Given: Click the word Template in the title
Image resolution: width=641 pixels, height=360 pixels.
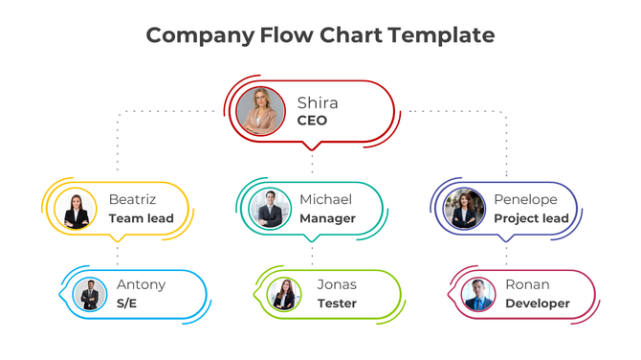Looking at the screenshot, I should pyautogui.click(x=441, y=35).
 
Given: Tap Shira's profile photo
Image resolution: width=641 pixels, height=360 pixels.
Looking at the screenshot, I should pyautogui.click(x=260, y=111).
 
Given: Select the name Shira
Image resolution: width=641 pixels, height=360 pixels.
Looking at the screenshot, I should pyautogui.click(x=317, y=102).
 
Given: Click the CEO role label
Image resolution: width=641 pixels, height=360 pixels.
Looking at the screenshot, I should pyautogui.click(x=312, y=121).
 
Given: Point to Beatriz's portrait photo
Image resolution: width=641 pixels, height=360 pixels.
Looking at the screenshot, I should pyautogui.click(x=77, y=210).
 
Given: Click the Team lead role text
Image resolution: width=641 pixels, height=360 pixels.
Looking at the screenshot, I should pyautogui.click(x=141, y=218).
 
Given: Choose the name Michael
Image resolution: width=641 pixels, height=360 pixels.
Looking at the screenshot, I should pyautogui.click(x=325, y=200).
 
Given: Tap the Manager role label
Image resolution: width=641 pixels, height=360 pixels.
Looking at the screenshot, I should pyautogui.click(x=327, y=218).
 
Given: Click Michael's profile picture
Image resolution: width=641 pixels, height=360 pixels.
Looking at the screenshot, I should pyautogui.click(x=269, y=209).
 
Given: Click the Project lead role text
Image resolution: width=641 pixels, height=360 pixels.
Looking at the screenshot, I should pyautogui.click(x=531, y=218).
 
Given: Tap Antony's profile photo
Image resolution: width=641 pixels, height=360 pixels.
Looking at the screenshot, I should pyautogui.click(x=89, y=294).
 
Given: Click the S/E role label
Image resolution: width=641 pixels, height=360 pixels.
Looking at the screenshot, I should pyautogui.click(x=127, y=304).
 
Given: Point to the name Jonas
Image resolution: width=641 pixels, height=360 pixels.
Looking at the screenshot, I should pyautogui.click(x=337, y=284).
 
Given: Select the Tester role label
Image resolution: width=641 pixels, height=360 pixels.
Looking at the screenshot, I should pyautogui.click(x=337, y=304).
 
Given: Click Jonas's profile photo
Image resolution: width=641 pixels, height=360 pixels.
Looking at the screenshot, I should pyautogui.click(x=284, y=294).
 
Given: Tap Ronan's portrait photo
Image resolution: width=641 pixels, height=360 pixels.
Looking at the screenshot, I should pyautogui.click(x=477, y=294).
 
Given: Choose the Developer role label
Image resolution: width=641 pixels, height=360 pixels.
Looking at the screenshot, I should pyautogui.click(x=538, y=304).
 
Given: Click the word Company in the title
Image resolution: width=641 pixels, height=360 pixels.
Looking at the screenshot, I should pyautogui.click(x=198, y=35).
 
